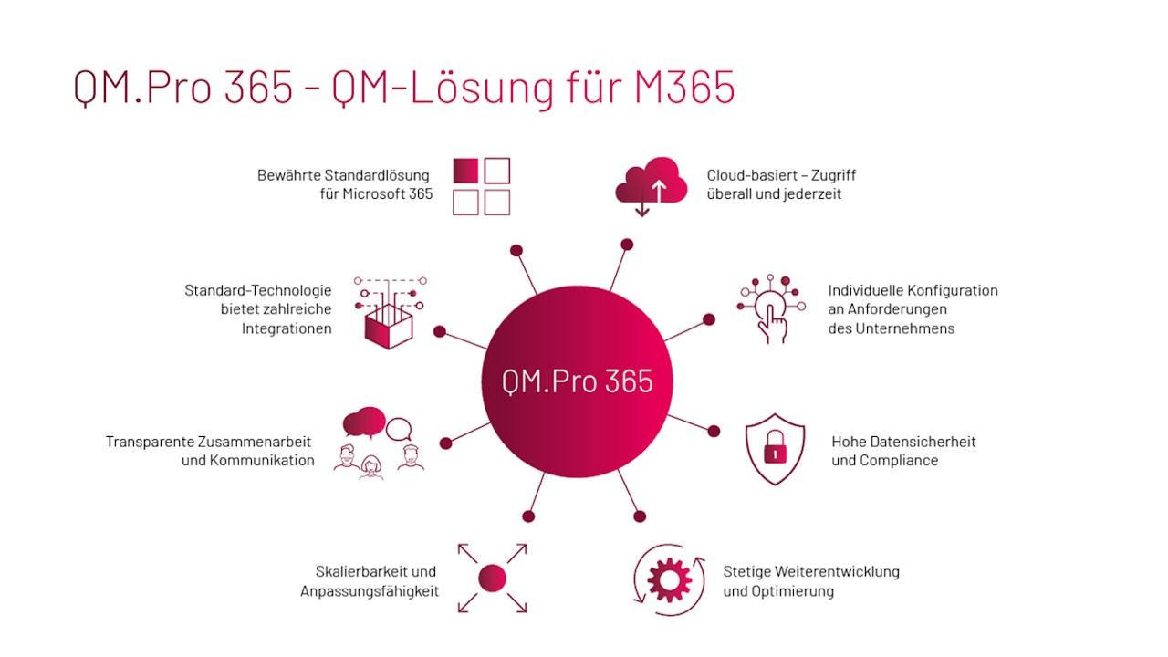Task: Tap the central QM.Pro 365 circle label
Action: pyautogui.click(x=578, y=381)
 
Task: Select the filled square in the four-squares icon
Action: pyautogui.click(x=465, y=171)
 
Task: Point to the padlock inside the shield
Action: pyautogui.click(x=775, y=447)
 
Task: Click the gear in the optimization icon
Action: pyautogui.click(x=670, y=579)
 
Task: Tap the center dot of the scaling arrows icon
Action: pyautogui.click(x=492, y=579)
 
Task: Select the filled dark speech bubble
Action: pyautogui.click(x=364, y=422)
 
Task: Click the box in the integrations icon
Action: pyautogui.click(x=389, y=327)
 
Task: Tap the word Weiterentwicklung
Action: pyautogui.click(x=837, y=572)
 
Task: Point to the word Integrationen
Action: pyautogui.click(x=287, y=329)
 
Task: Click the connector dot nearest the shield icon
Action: pyautogui.click(x=714, y=432)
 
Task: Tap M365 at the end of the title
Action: pyautogui.click(x=684, y=87)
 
